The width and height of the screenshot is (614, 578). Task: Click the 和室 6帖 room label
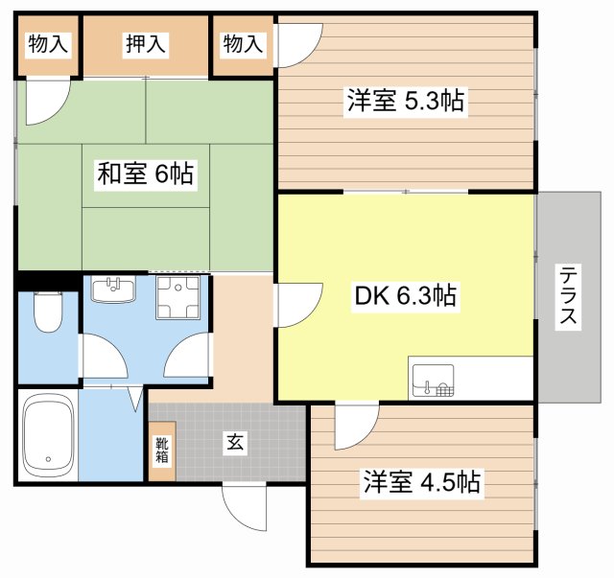pyautogui.click(x=145, y=173)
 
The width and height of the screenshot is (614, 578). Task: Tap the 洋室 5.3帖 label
pyautogui.click(x=406, y=101)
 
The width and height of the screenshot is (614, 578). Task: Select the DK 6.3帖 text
pyautogui.click(x=408, y=296)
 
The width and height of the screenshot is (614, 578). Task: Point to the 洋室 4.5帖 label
pyautogui.click(x=420, y=480)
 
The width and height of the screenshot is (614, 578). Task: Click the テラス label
pyautogui.click(x=568, y=296)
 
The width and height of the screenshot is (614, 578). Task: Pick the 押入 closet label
pyautogui.click(x=146, y=43)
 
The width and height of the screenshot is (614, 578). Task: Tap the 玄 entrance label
pyautogui.click(x=234, y=442)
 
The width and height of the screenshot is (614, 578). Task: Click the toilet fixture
pyautogui.click(x=47, y=312)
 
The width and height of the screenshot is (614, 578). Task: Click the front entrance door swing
pyautogui.click(x=245, y=506)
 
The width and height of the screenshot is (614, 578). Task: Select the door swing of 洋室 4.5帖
pyautogui.click(x=356, y=427)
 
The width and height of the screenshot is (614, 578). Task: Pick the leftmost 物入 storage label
pyautogui.click(x=47, y=43)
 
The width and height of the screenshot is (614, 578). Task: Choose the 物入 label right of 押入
pyautogui.click(x=243, y=43)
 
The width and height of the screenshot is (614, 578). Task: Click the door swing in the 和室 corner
pyautogui.click(x=45, y=102)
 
